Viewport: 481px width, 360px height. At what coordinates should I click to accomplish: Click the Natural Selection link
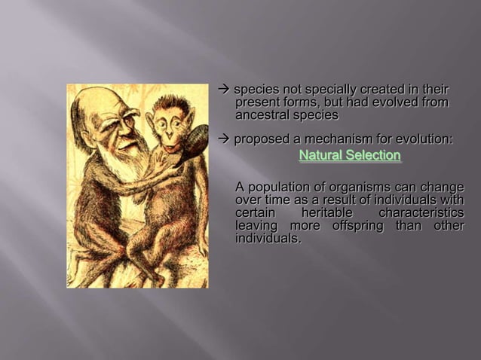(x=349, y=156)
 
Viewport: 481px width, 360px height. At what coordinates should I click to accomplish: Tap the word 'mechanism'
(x=342, y=139)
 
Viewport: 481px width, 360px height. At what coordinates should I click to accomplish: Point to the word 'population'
(x=280, y=187)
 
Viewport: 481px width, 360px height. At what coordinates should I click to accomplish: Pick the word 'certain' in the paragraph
(x=256, y=213)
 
